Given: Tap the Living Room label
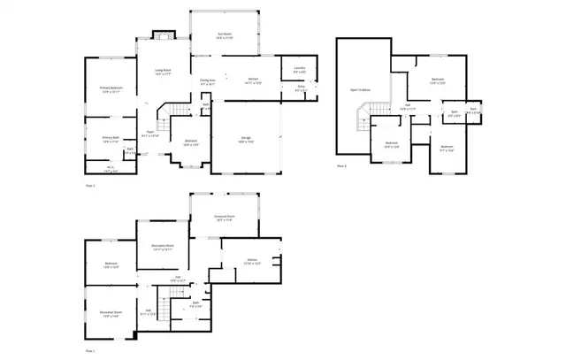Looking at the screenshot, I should (163, 70).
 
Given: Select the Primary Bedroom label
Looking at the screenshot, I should (111, 89).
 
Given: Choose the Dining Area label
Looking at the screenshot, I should (209, 80).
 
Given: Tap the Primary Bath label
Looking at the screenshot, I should (111, 138).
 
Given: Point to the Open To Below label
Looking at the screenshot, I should (360, 90).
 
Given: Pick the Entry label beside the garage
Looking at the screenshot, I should (301, 88).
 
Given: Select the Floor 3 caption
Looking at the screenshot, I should (341, 165).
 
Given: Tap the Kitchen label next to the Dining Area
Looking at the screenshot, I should (251, 80).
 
